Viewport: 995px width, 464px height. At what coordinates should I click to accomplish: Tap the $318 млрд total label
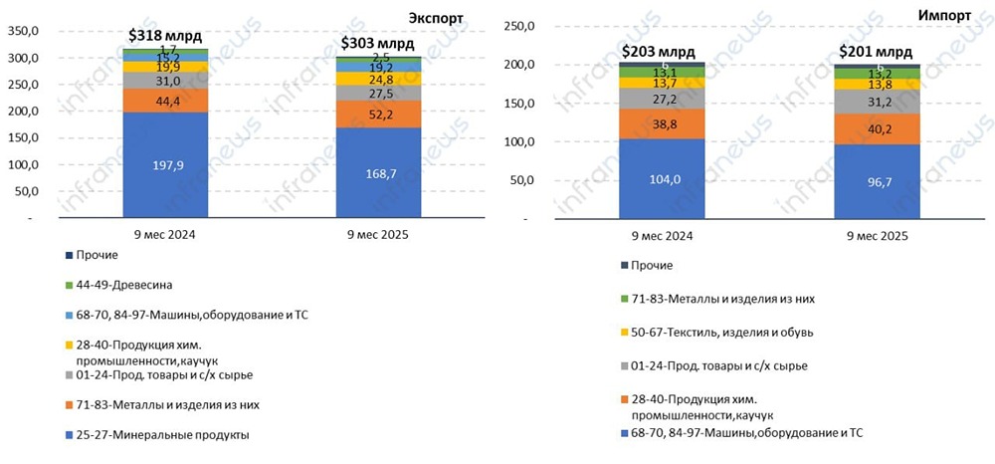[x=165, y=36]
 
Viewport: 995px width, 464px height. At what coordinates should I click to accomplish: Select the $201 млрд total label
[x=875, y=52]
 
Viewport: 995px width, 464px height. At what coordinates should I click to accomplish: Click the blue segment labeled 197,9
[x=165, y=164]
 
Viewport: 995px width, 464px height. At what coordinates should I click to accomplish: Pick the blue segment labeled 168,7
[x=377, y=172]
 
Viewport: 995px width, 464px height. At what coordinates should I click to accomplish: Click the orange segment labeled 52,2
[x=377, y=115]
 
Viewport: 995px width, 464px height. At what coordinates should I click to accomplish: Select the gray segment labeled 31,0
[x=165, y=81]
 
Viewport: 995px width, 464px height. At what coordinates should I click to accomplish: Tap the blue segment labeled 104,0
[x=660, y=178]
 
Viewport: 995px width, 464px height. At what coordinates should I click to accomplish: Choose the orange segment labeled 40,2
[x=875, y=127]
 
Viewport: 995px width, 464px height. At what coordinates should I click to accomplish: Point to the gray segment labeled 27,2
[x=660, y=100]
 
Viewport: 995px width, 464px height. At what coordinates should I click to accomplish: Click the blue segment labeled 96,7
[x=875, y=181]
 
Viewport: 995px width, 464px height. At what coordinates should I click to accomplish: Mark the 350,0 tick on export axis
[x=23, y=31]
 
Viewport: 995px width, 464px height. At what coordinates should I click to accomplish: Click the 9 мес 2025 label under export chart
[x=377, y=235]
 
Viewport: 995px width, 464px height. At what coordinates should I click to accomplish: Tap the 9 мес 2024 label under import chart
[x=660, y=236]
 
